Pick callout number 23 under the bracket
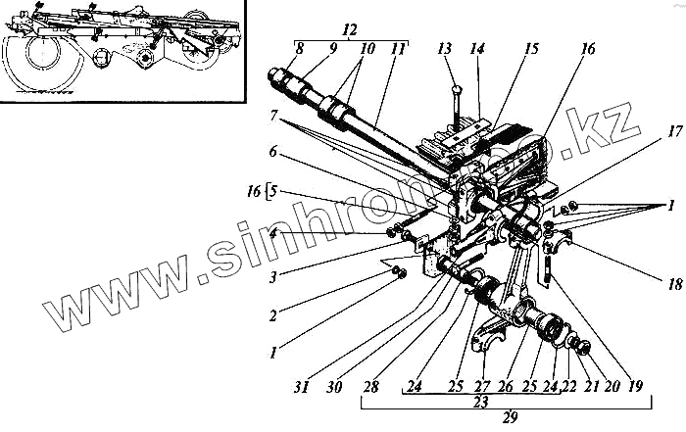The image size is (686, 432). click(508, 401)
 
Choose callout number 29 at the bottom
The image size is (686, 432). click(508, 418)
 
